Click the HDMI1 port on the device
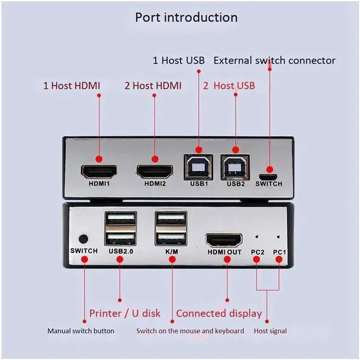(99, 172)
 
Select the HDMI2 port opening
(155, 172)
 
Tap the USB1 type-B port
(199, 167)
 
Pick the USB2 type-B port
(235, 167)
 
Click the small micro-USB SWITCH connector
(268, 177)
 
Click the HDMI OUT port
(224, 240)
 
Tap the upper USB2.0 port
(121, 218)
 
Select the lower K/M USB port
(171, 238)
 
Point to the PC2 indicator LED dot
(256, 236)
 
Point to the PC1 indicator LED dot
(278, 236)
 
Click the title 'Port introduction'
(186, 17)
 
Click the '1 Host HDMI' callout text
(71, 85)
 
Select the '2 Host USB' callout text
(229, 85)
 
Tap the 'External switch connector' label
(274, 60)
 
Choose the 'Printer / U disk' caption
(125, 313)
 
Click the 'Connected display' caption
(219, 314)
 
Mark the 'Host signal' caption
(270, 331)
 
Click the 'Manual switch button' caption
(81, 331)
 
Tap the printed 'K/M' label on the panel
(172, 251)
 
